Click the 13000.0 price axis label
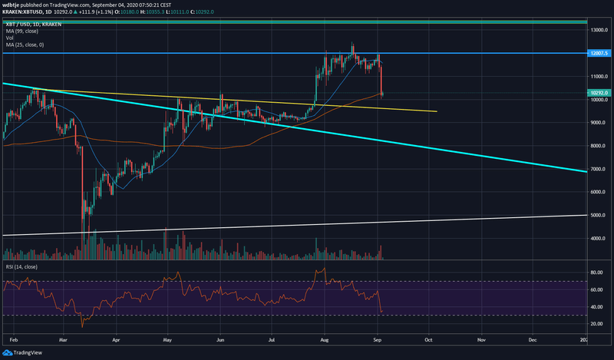(x=599, y=30)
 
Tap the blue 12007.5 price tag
(x=599, y=53)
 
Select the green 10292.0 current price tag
(x=599, y=91)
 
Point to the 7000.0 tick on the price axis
(x=599, y=169)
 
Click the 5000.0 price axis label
(x=599, y=215)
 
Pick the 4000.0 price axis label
(x=599, y=239)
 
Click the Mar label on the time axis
(x=64, y=338)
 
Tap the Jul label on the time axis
(x=272, y=338)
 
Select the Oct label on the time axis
(x=430, y=338)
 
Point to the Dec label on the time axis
(x=533, y=338)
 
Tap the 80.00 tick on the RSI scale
(x=594, y=272)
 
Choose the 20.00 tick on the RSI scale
(x=594, y=324)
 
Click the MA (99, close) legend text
(x=22, y=32)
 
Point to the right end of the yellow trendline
(x=437, y=111)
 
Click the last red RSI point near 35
(x=382, y=311)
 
